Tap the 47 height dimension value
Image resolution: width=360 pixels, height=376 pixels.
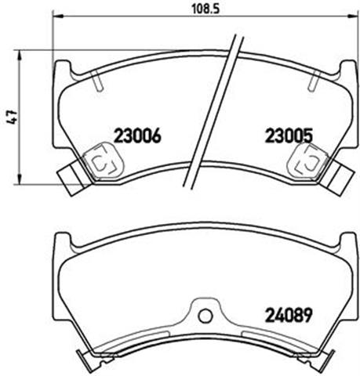point(12,117)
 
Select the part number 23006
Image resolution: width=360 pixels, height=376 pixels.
point(137,136)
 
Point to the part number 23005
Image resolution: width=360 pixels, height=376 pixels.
point(289,136)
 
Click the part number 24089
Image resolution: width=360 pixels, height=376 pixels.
point(289,315)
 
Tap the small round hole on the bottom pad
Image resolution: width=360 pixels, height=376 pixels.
point(205,316)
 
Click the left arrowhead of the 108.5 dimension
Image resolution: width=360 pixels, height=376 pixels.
point(58,16)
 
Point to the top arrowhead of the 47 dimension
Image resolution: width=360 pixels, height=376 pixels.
point(19,56)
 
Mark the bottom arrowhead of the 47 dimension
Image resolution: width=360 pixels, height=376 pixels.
point(19,179)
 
